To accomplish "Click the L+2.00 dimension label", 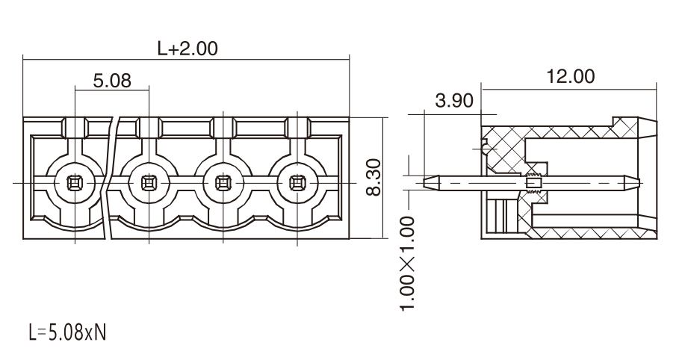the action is click(x=187, y=49).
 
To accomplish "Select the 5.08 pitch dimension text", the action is click(x=112, y=81).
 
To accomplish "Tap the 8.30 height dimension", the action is click(x=374, y=177).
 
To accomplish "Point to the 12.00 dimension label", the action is click(x=571, y=76).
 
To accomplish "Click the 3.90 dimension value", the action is click(x=454, y=101).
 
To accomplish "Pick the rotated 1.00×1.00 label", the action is click(x=407, y=264).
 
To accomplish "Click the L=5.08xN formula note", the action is click(x=67, y=332).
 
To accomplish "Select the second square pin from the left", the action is click(x=149, y=183).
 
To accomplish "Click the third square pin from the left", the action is click(x=223, y=183).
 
